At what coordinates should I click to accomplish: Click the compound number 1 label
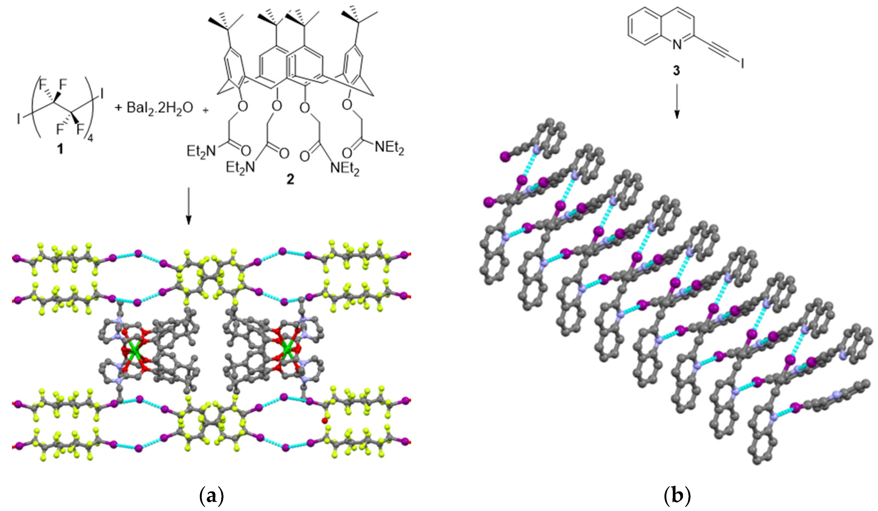(60, 150)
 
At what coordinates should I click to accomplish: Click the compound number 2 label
(290, 179)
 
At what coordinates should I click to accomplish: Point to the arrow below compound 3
(677, 101)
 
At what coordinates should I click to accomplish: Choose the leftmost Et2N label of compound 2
(201, 151)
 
